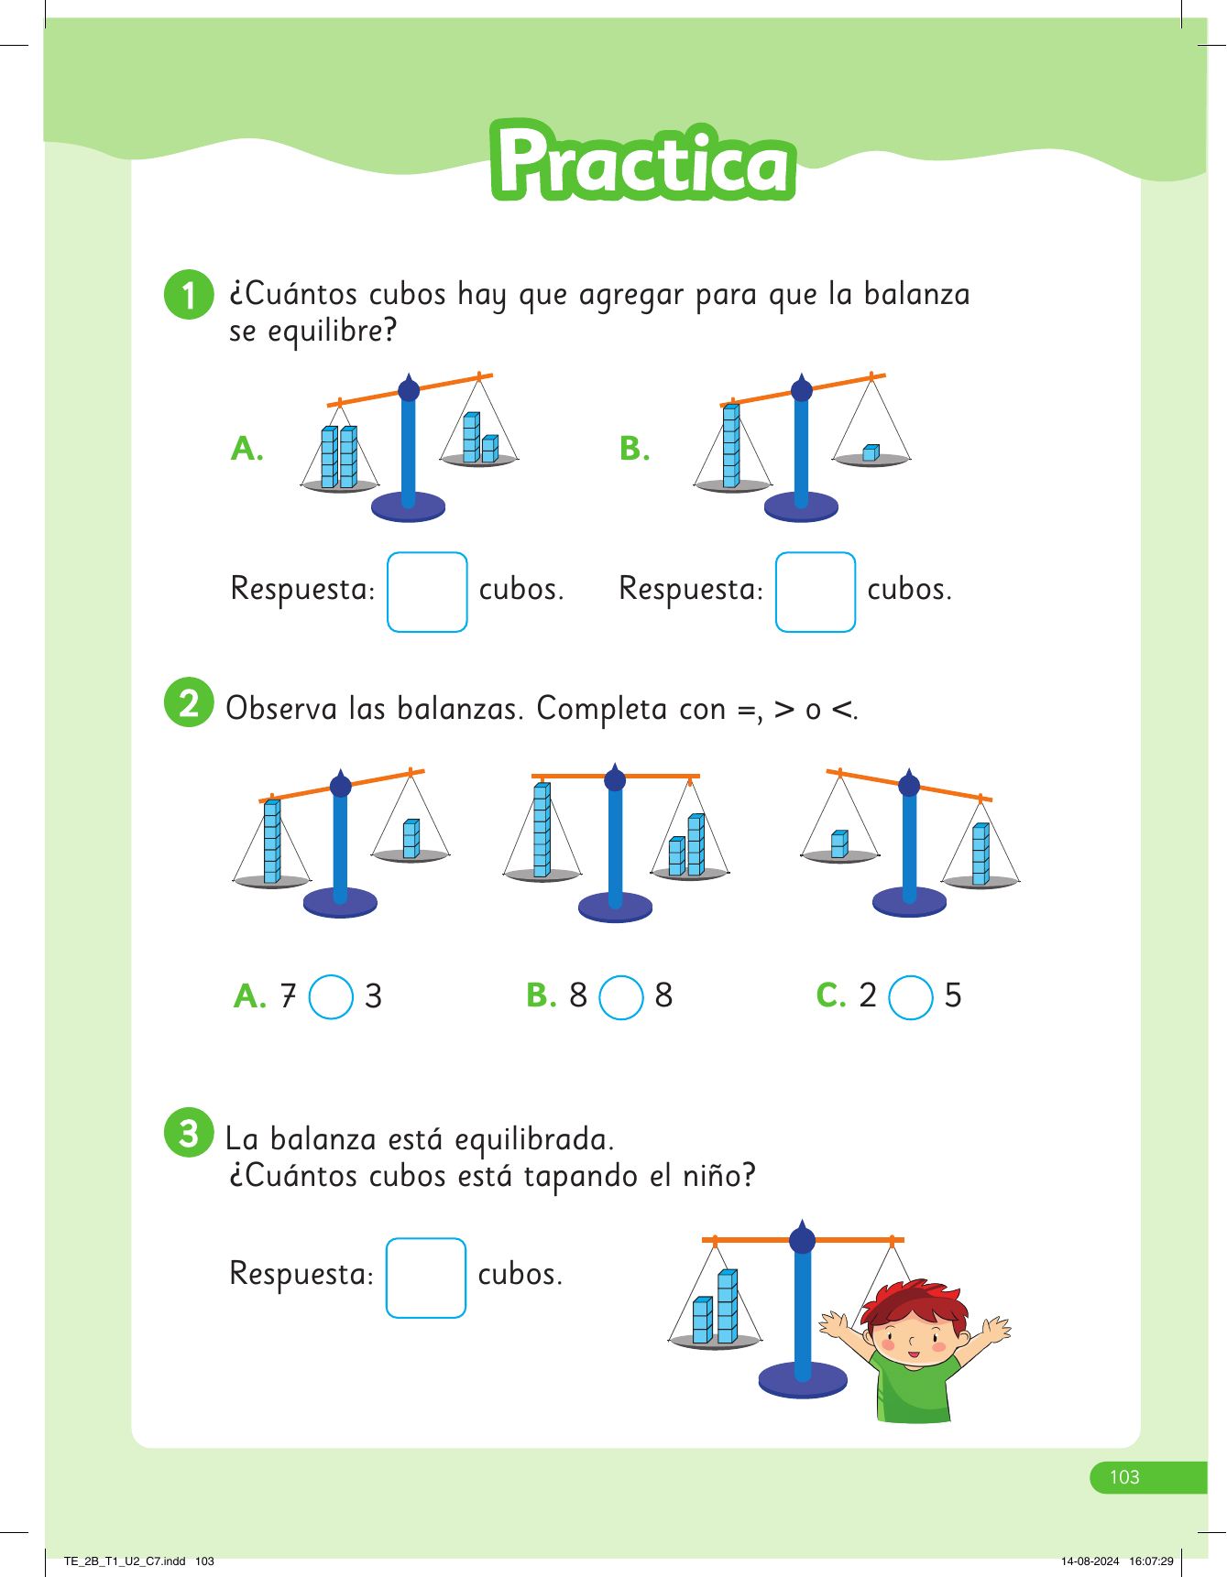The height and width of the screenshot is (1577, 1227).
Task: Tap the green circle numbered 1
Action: tap(189, 295)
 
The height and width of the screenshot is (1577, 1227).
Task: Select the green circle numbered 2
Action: tap(189, 702)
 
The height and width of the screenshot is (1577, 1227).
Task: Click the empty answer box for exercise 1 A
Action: tap(427, 592)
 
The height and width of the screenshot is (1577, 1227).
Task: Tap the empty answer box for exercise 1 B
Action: tap(816, 592)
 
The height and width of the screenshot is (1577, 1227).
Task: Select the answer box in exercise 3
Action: tap(426, 1278)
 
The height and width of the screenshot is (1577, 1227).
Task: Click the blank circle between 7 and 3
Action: tap(331, 997)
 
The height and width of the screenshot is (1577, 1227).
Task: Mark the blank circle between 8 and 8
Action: tap(621, 997)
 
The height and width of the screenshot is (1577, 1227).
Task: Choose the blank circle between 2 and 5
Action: tap(911, 997)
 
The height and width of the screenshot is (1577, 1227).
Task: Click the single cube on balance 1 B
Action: tap(871, 452)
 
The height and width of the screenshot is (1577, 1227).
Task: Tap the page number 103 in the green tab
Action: tap(1124, 1477)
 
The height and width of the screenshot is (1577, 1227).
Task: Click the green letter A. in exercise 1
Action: tap(247, 449)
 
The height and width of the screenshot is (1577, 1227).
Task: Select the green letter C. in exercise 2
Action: tap(831, 995)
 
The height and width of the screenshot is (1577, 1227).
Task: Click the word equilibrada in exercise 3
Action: tap(533, 1141)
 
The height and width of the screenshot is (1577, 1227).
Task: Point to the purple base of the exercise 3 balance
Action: tap(804, 1380)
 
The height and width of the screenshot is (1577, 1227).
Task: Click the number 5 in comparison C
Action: tap(953, 995)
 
